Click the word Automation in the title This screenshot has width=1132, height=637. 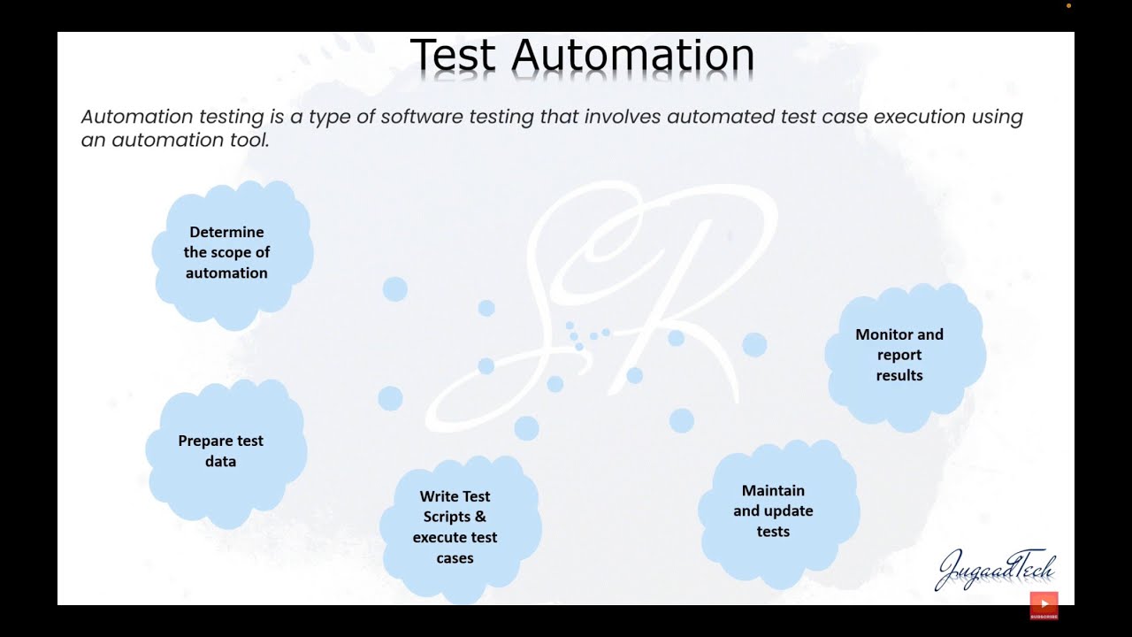632,55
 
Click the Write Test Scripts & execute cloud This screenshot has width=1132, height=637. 459,527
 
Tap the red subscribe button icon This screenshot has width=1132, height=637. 1044,605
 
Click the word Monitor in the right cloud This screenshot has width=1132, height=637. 885,334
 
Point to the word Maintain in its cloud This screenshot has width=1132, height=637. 773,490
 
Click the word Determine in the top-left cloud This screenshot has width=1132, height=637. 226,232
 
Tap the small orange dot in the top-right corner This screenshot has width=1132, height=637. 1068,5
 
